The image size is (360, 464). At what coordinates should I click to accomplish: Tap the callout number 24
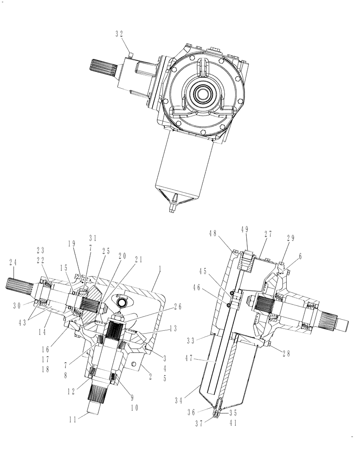[x=14, y=263]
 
